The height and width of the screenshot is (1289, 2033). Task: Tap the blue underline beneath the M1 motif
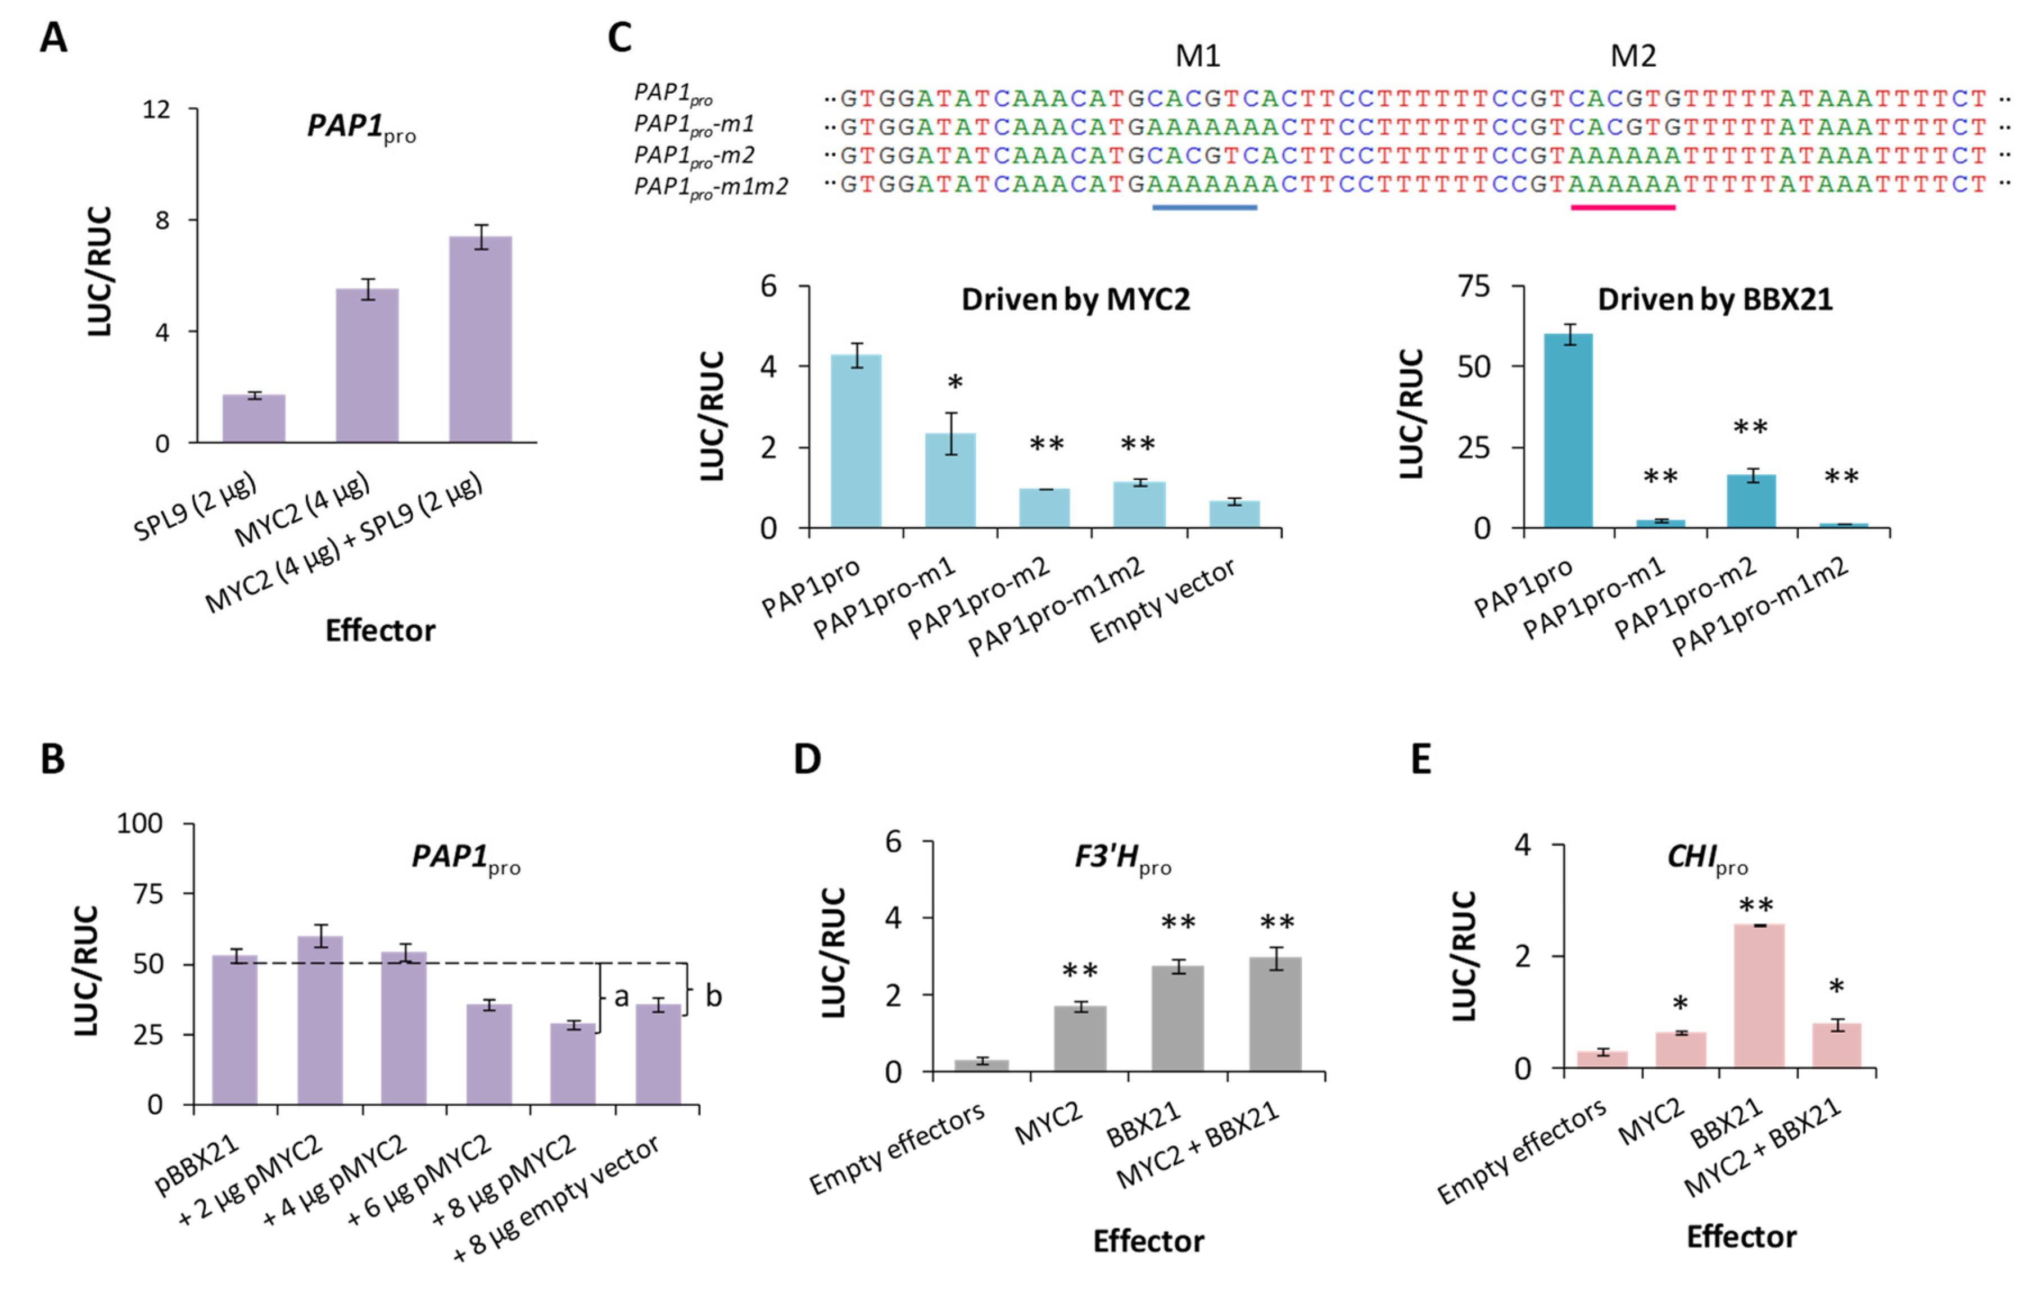(x=1204, y=207)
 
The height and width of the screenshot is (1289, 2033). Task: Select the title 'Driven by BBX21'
(x=1715, y=299)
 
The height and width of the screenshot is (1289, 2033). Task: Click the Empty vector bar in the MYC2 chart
(x=1234, y=514)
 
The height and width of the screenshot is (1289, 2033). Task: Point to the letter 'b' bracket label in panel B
(x=713, y=996)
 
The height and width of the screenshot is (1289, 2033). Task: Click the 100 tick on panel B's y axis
(x=139, y=823)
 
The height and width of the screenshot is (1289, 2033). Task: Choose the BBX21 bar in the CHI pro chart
(x=1759, y=996)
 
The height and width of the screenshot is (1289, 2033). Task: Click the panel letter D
(x=807, y=760)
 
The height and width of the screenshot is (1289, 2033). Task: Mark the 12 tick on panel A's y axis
(x=156, y=110)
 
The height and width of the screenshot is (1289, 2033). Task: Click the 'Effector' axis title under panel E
(x=1741, y=1237)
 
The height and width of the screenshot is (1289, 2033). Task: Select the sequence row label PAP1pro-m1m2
(x=711, y=187)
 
